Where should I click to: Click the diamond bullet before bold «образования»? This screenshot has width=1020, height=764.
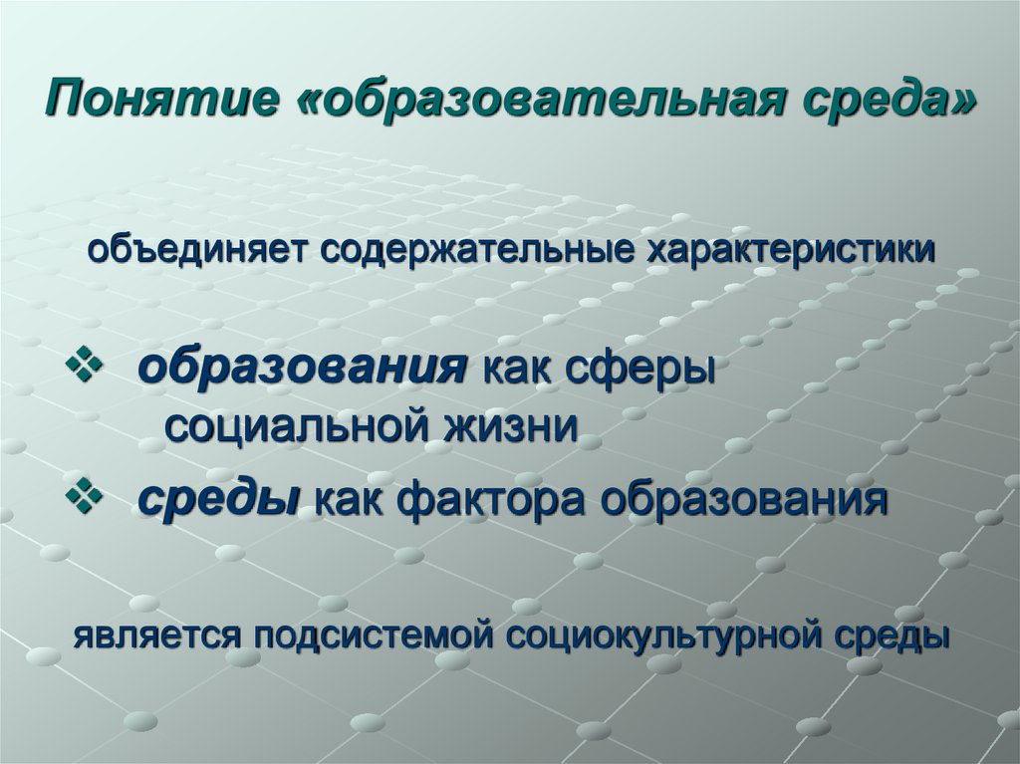[x=84, y=370]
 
